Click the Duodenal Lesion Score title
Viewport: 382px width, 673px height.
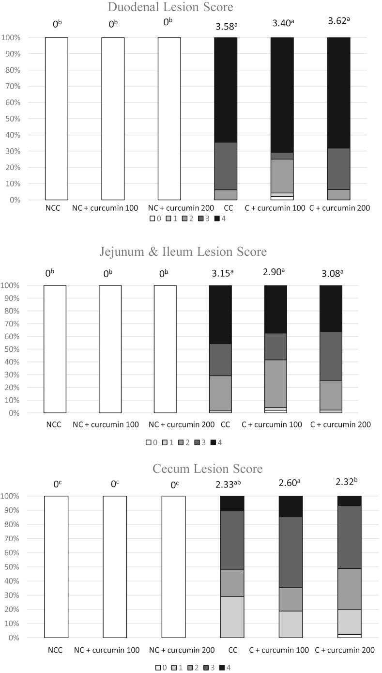tap(191, 7)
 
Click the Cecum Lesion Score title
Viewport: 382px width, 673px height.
tap(207, 469)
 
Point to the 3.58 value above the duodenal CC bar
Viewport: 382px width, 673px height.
tap(225, 26)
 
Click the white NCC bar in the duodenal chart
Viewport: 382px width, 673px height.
tap(57, 119)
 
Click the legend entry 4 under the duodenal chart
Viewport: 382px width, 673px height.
tap(220, 219)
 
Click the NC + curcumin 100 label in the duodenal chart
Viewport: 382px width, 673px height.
tap(113, 209)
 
